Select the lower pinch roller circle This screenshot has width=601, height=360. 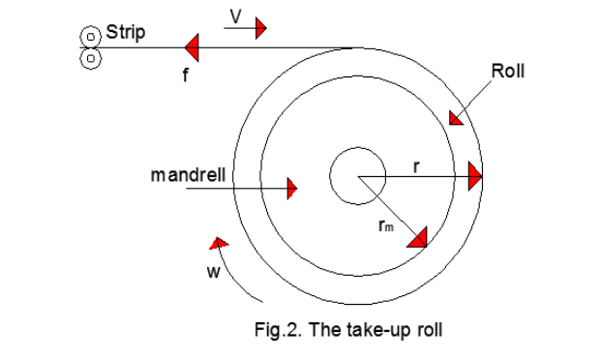[x=90, y=57]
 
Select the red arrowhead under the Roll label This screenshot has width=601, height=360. [x=455, y=117]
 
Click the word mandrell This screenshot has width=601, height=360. [x=189, y=175]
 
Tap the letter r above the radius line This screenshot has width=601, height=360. [x=415, y=165]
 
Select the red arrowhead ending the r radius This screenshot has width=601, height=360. [x=474, y=177]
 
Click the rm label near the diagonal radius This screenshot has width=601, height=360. [x=385, y=228]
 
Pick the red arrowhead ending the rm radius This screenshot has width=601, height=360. [x=419, y=238]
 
